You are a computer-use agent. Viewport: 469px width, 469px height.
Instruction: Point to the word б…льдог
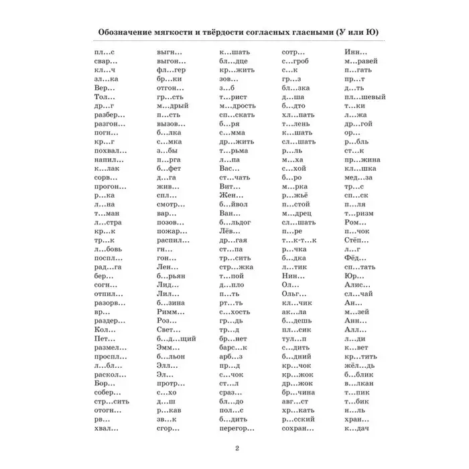[235, 222]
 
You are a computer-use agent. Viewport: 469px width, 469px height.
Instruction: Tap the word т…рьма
[232, 159]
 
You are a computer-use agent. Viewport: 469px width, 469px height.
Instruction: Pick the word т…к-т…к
[296, 240]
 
